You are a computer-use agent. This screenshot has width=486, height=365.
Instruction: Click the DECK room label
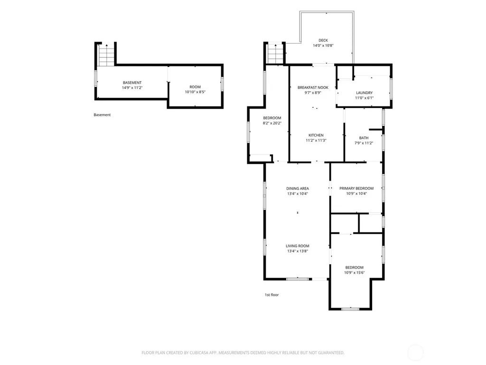click(x=323, y=40)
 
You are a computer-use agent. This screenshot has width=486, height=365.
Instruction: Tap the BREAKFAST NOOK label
click(x=313, y=87)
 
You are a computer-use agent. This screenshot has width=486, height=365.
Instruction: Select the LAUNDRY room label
click(x=364, y=93)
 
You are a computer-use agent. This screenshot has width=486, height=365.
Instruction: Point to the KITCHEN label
click(x=316, y=135)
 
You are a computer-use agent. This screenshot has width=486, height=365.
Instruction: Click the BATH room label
click(x=364, y=138)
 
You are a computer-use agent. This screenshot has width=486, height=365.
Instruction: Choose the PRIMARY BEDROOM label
click(x=356, y=188)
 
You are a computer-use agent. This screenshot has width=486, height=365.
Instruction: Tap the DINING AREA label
click(x=298, y=188)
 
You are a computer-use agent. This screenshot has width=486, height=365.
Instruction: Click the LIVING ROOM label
click(x=298, y=246)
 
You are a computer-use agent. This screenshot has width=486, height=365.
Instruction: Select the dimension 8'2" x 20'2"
click(x=272, y=123)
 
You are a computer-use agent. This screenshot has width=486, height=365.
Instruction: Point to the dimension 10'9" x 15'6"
click(x=354, y=273)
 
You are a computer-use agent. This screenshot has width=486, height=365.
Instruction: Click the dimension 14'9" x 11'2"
click(x=132, y=88)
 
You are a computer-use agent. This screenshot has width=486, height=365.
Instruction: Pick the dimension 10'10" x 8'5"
click(x=195, y=92)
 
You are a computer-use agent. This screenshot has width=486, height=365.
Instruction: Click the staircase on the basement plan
click(x=106, y=55)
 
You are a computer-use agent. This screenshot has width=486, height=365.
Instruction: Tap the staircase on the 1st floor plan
click(x=276, y=54)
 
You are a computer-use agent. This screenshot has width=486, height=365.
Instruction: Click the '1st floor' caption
click(x=271, y=295)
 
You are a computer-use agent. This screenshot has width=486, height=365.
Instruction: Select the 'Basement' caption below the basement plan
click(x=102, y=115)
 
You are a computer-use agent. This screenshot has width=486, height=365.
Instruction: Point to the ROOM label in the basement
click(x=195, y=87)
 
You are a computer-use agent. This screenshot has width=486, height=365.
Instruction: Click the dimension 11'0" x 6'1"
click(x=364, y=98)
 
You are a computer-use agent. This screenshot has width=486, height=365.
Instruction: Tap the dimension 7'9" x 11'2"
click(x=364, y=143)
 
